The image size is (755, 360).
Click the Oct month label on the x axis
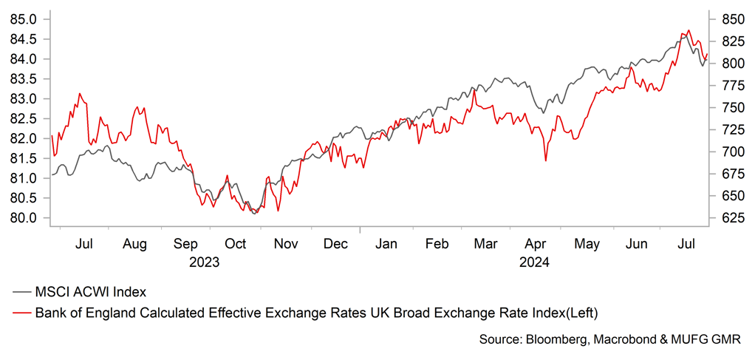(236, 244)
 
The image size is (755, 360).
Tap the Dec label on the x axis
(336, 244)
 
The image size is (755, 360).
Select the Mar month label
(485, 244)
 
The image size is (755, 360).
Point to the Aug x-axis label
(135, 244)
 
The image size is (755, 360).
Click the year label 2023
(205, 261)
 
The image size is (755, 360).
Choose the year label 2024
(535, 261)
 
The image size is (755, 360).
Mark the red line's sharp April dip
(545, 160)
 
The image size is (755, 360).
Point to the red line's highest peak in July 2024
(689, 31)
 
